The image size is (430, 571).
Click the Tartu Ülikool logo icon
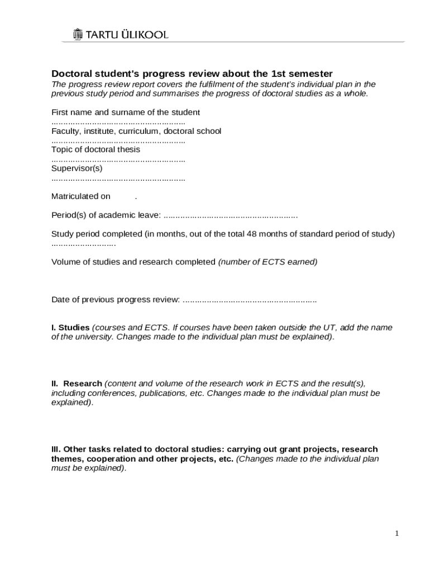(78, 35)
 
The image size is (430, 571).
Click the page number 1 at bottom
(396, 534)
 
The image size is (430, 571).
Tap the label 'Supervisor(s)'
(77, 168)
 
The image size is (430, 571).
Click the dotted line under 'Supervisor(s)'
(118, 178)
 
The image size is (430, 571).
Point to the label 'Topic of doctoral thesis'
(95, 149)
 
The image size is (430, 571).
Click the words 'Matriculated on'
(81, 196)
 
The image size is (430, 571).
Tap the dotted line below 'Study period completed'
(83, 244)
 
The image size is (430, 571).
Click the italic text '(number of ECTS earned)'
(267, 262)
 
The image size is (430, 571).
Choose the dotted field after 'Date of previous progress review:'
(250, 299)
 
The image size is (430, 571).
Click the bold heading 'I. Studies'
(70, 327)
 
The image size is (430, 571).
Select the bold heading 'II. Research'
(77, 384)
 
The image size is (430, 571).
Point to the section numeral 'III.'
(56, 449)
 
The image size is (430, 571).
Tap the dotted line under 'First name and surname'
(118, 122)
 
